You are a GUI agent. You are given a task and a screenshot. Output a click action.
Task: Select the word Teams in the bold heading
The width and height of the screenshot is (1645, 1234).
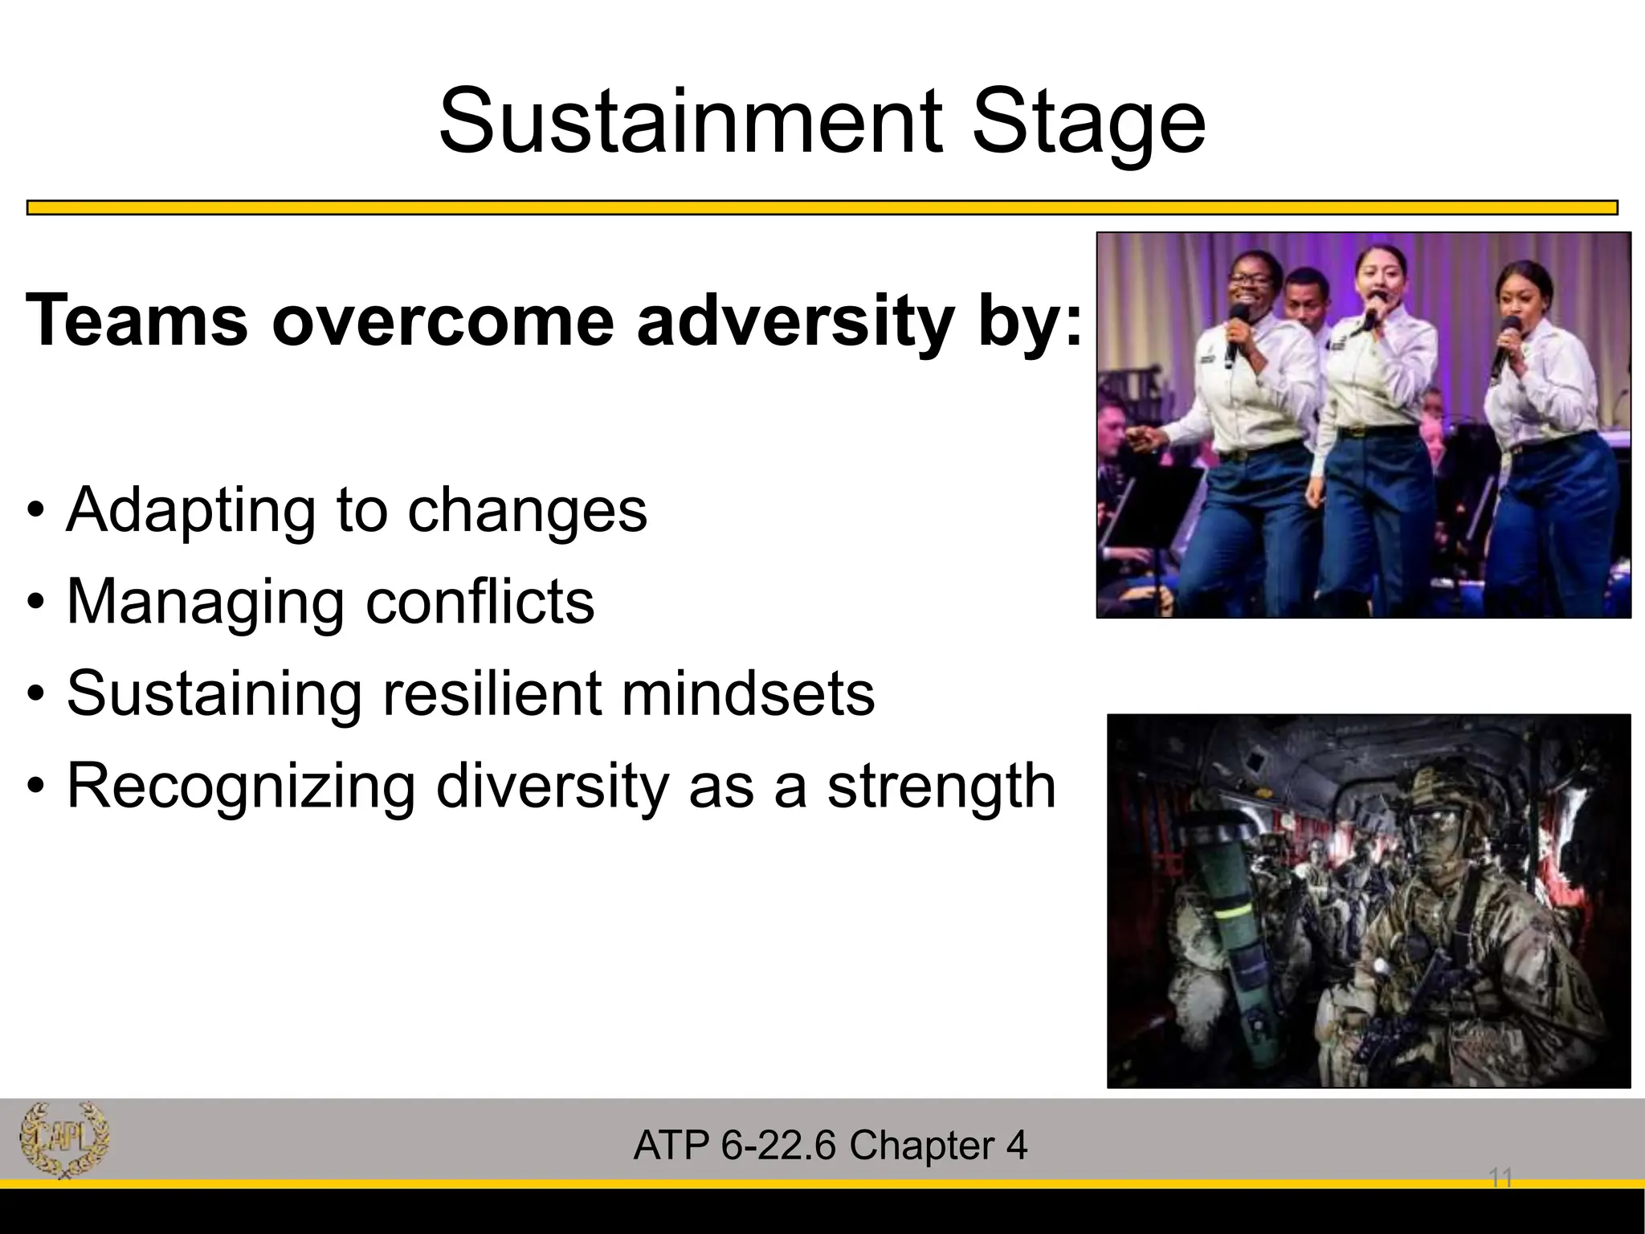[137, 321]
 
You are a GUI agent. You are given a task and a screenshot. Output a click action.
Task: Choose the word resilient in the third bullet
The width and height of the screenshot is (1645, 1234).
[491, 693]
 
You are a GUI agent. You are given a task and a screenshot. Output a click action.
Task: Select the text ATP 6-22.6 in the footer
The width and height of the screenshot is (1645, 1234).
[735, 1146]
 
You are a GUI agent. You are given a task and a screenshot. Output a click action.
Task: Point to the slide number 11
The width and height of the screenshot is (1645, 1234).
[1500, 1179]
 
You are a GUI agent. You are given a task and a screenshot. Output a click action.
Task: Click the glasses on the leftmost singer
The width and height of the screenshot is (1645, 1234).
[1252, 282]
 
